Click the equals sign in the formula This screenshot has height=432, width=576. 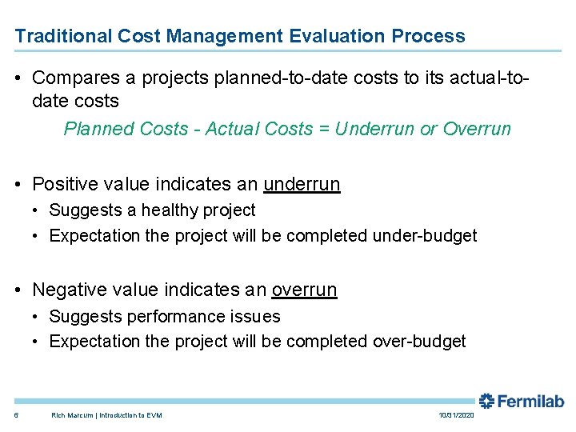click(323, 129)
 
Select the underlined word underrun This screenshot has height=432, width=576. click(302, 184)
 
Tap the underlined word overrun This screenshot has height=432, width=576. click(304, 290)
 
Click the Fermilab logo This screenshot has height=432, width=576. click(522, 402)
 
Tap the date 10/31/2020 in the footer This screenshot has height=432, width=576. click(457, 415)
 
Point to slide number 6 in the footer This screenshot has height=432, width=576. click(17, 415)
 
